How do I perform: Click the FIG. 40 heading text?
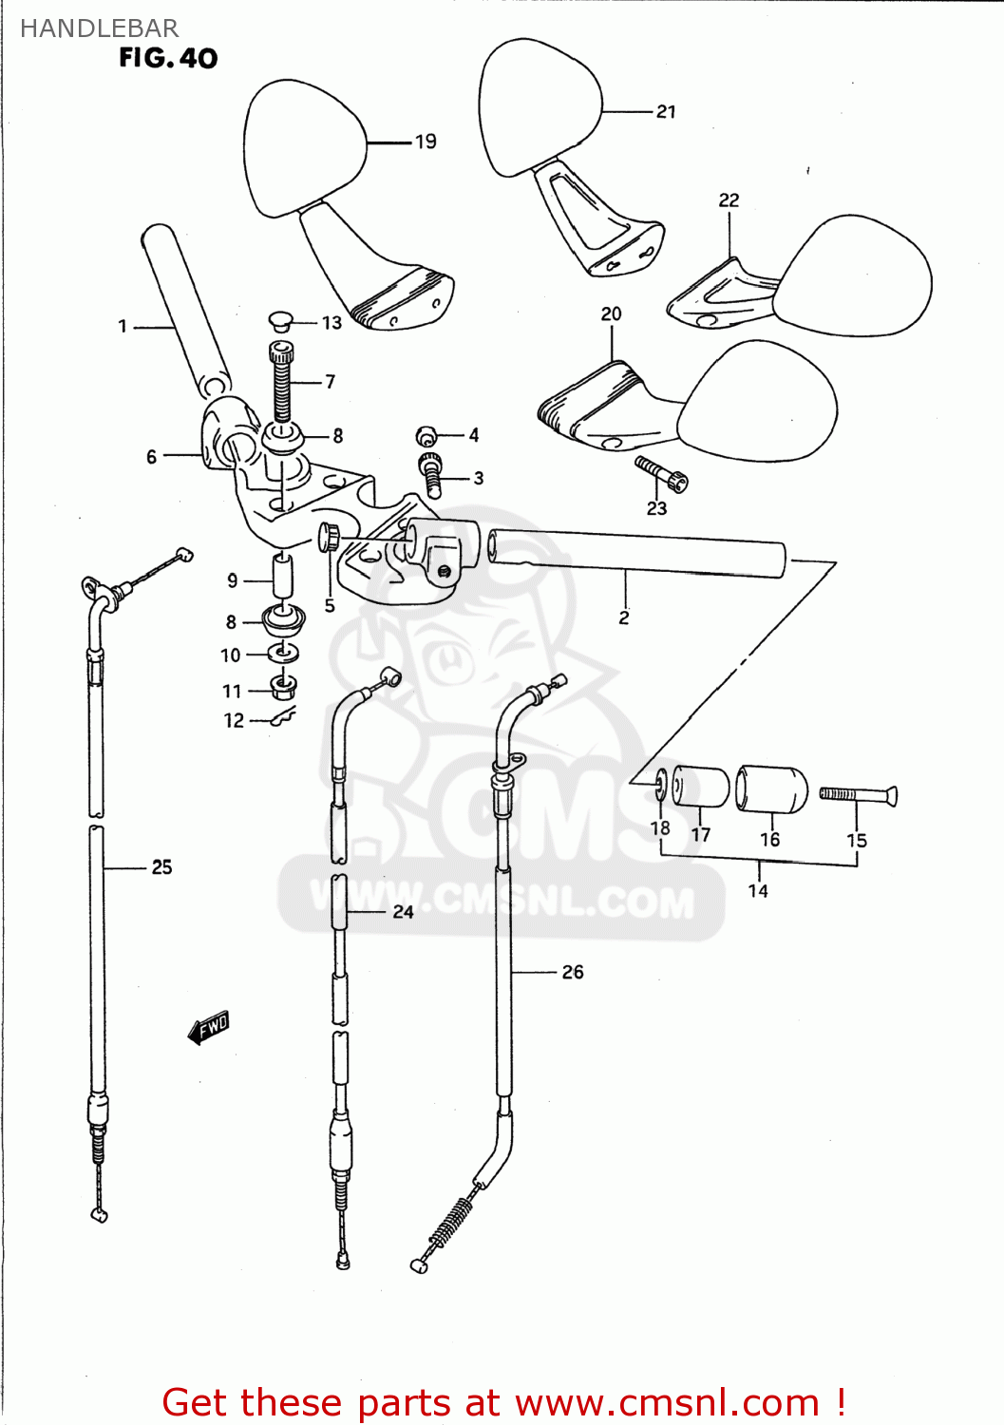click(168, 58)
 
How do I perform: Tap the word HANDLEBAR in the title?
click(99, 28)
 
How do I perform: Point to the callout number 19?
click(426, 142)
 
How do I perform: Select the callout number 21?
click(666, 111)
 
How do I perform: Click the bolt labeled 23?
click(661, 473)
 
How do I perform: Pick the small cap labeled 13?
click(279, 321)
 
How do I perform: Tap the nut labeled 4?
click(426, 436)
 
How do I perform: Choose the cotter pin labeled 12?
click(282, 718)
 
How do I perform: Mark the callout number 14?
click(758, 891)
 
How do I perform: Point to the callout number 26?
click(573, 972)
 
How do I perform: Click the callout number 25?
click(161, 867)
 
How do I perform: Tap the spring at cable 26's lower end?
click(451, 1223)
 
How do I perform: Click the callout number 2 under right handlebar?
click(624, 617)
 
